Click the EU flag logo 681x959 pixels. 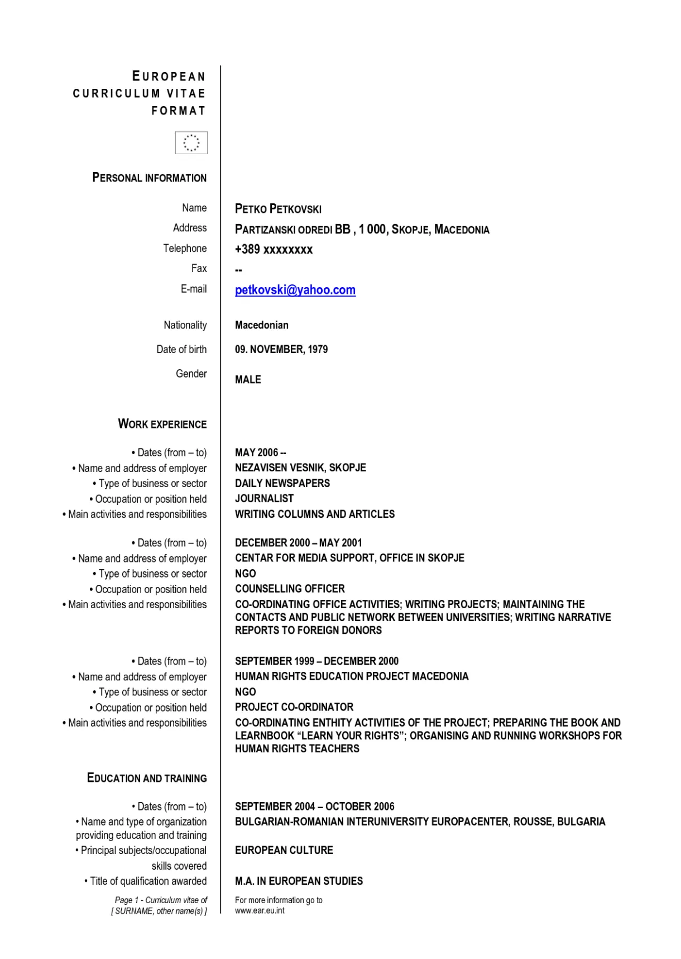191,142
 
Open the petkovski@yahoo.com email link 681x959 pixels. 295,290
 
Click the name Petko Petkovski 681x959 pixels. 278,209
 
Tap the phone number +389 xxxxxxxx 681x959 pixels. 274,250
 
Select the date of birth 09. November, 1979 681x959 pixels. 281,350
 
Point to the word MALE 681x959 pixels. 248,380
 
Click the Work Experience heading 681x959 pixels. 162,424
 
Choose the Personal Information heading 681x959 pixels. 150,178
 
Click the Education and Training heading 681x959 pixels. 147,778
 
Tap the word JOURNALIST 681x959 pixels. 264,499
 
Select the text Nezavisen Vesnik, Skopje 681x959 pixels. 300,468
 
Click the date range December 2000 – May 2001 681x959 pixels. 299,543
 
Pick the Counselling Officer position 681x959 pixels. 290,589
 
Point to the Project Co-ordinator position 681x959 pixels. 294,707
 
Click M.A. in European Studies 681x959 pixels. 299,881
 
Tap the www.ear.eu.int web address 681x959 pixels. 260,910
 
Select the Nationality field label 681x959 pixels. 185,325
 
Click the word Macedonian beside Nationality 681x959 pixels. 262,325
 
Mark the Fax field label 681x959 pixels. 199,269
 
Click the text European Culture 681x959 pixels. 284,850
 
